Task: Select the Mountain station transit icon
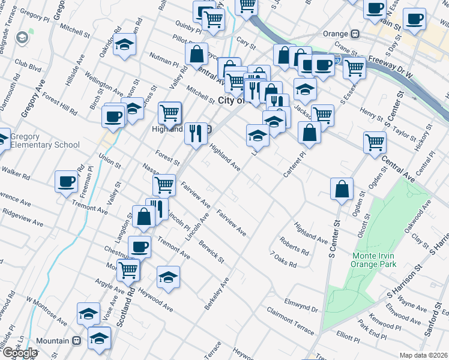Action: [76, 341]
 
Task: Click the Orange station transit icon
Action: [355, 34]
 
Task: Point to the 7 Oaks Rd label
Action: [285, 260]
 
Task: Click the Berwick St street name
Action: [212, 253]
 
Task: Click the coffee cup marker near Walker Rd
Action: [67, 181]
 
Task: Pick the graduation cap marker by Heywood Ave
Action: [168, 277]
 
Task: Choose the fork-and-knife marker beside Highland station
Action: [195, 133]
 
